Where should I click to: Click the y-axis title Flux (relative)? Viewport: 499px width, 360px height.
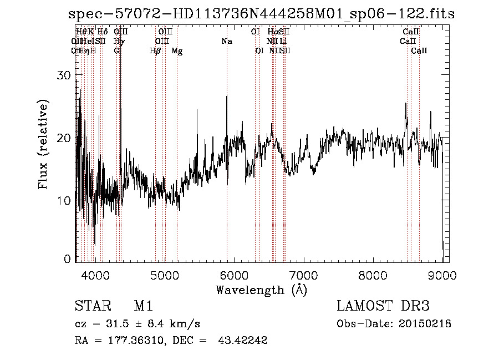click(x=43, y=144)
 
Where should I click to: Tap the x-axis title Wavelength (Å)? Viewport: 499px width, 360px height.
click(x=261, y=290)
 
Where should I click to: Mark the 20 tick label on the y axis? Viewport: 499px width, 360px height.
click(x=65, y=138)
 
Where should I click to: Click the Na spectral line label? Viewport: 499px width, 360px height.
click(x=226, y=42)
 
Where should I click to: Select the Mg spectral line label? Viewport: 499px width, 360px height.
click(x=177, y=51)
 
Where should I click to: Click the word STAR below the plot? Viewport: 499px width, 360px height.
click(x=91, y=306)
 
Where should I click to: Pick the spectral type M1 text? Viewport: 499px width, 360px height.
click(x=143, y=306)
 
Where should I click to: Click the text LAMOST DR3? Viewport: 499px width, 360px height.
click(x=383, y=306)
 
